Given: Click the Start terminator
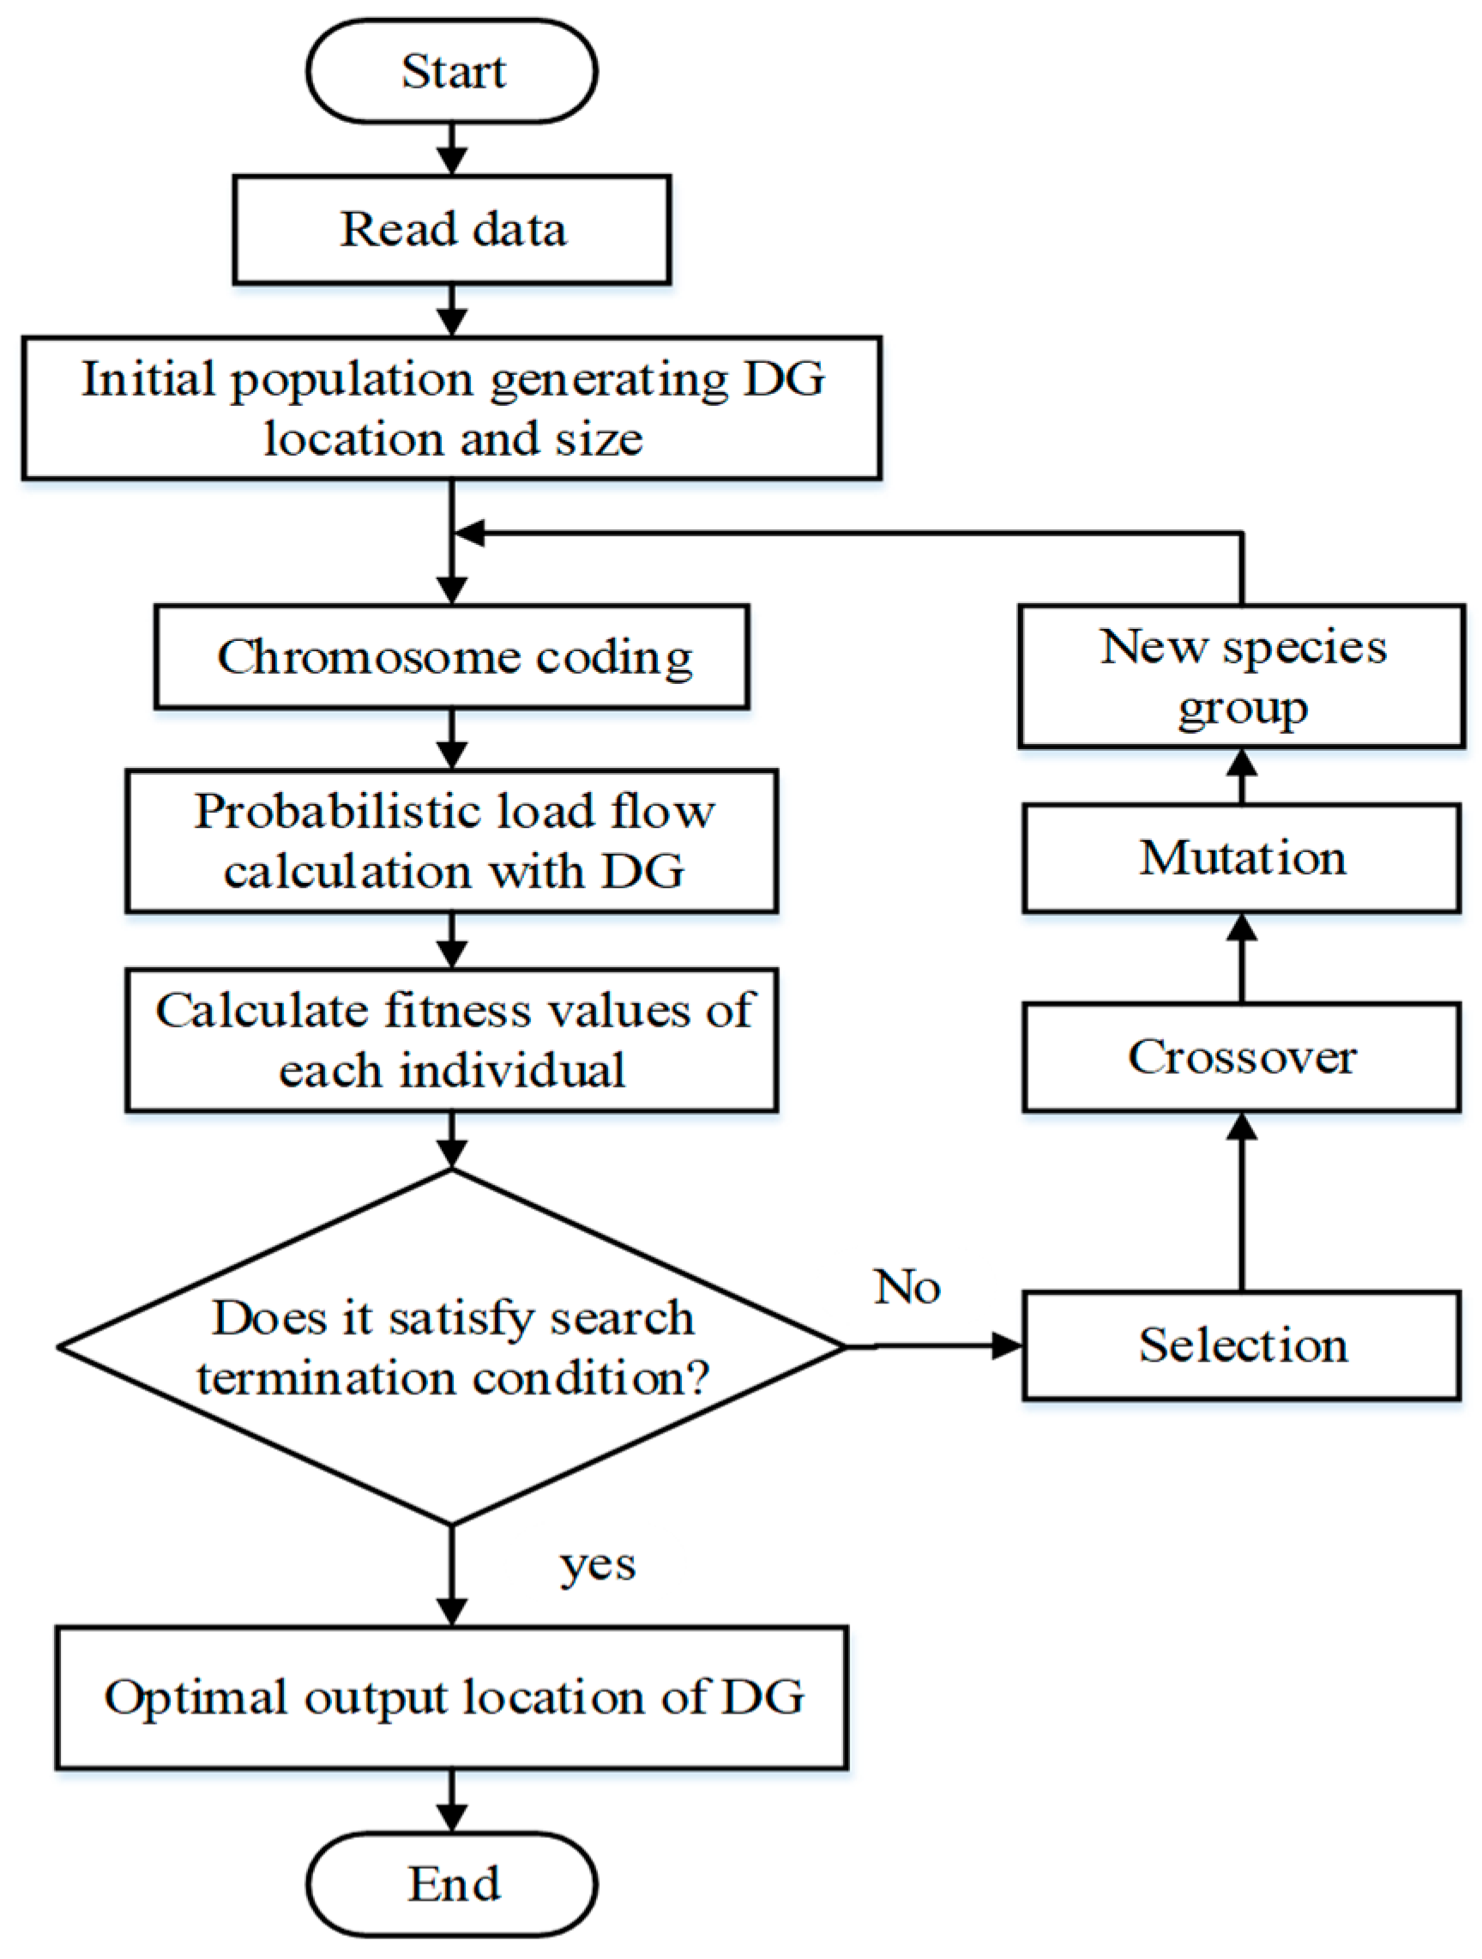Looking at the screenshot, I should [451, 71].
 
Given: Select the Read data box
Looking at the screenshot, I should [451, 229].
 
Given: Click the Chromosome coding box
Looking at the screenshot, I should [451, 657].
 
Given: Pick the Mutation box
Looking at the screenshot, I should [1241, 858].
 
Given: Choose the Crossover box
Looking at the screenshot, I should [1241, 1056].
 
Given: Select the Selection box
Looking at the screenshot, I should [1241, 1345].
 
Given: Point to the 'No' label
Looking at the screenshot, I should [907, 1287].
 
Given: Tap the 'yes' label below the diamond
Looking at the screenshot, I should [598, 1565].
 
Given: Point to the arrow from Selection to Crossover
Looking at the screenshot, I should [1241, 1205].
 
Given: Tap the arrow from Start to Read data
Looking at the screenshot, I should [451, 148].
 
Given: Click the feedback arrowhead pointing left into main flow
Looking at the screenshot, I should [469, 533].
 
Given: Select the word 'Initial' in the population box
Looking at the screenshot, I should [148, 379].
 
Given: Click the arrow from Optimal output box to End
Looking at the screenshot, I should [451, 1801].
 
